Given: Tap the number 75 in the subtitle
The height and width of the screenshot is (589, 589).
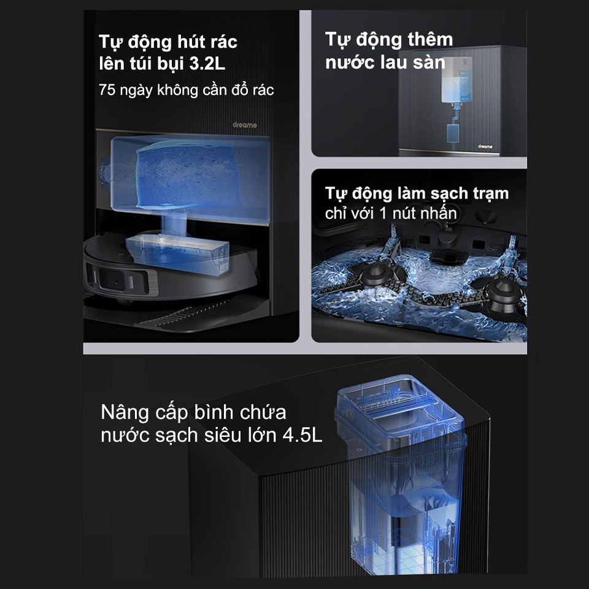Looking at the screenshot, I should (x=107, y=90).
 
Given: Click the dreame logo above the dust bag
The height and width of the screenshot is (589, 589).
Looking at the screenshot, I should (x=244, y=125).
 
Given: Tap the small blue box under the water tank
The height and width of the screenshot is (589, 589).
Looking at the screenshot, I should (x=455, y=132).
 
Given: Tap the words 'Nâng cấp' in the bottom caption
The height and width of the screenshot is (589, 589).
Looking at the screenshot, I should (x=131, y=411).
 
